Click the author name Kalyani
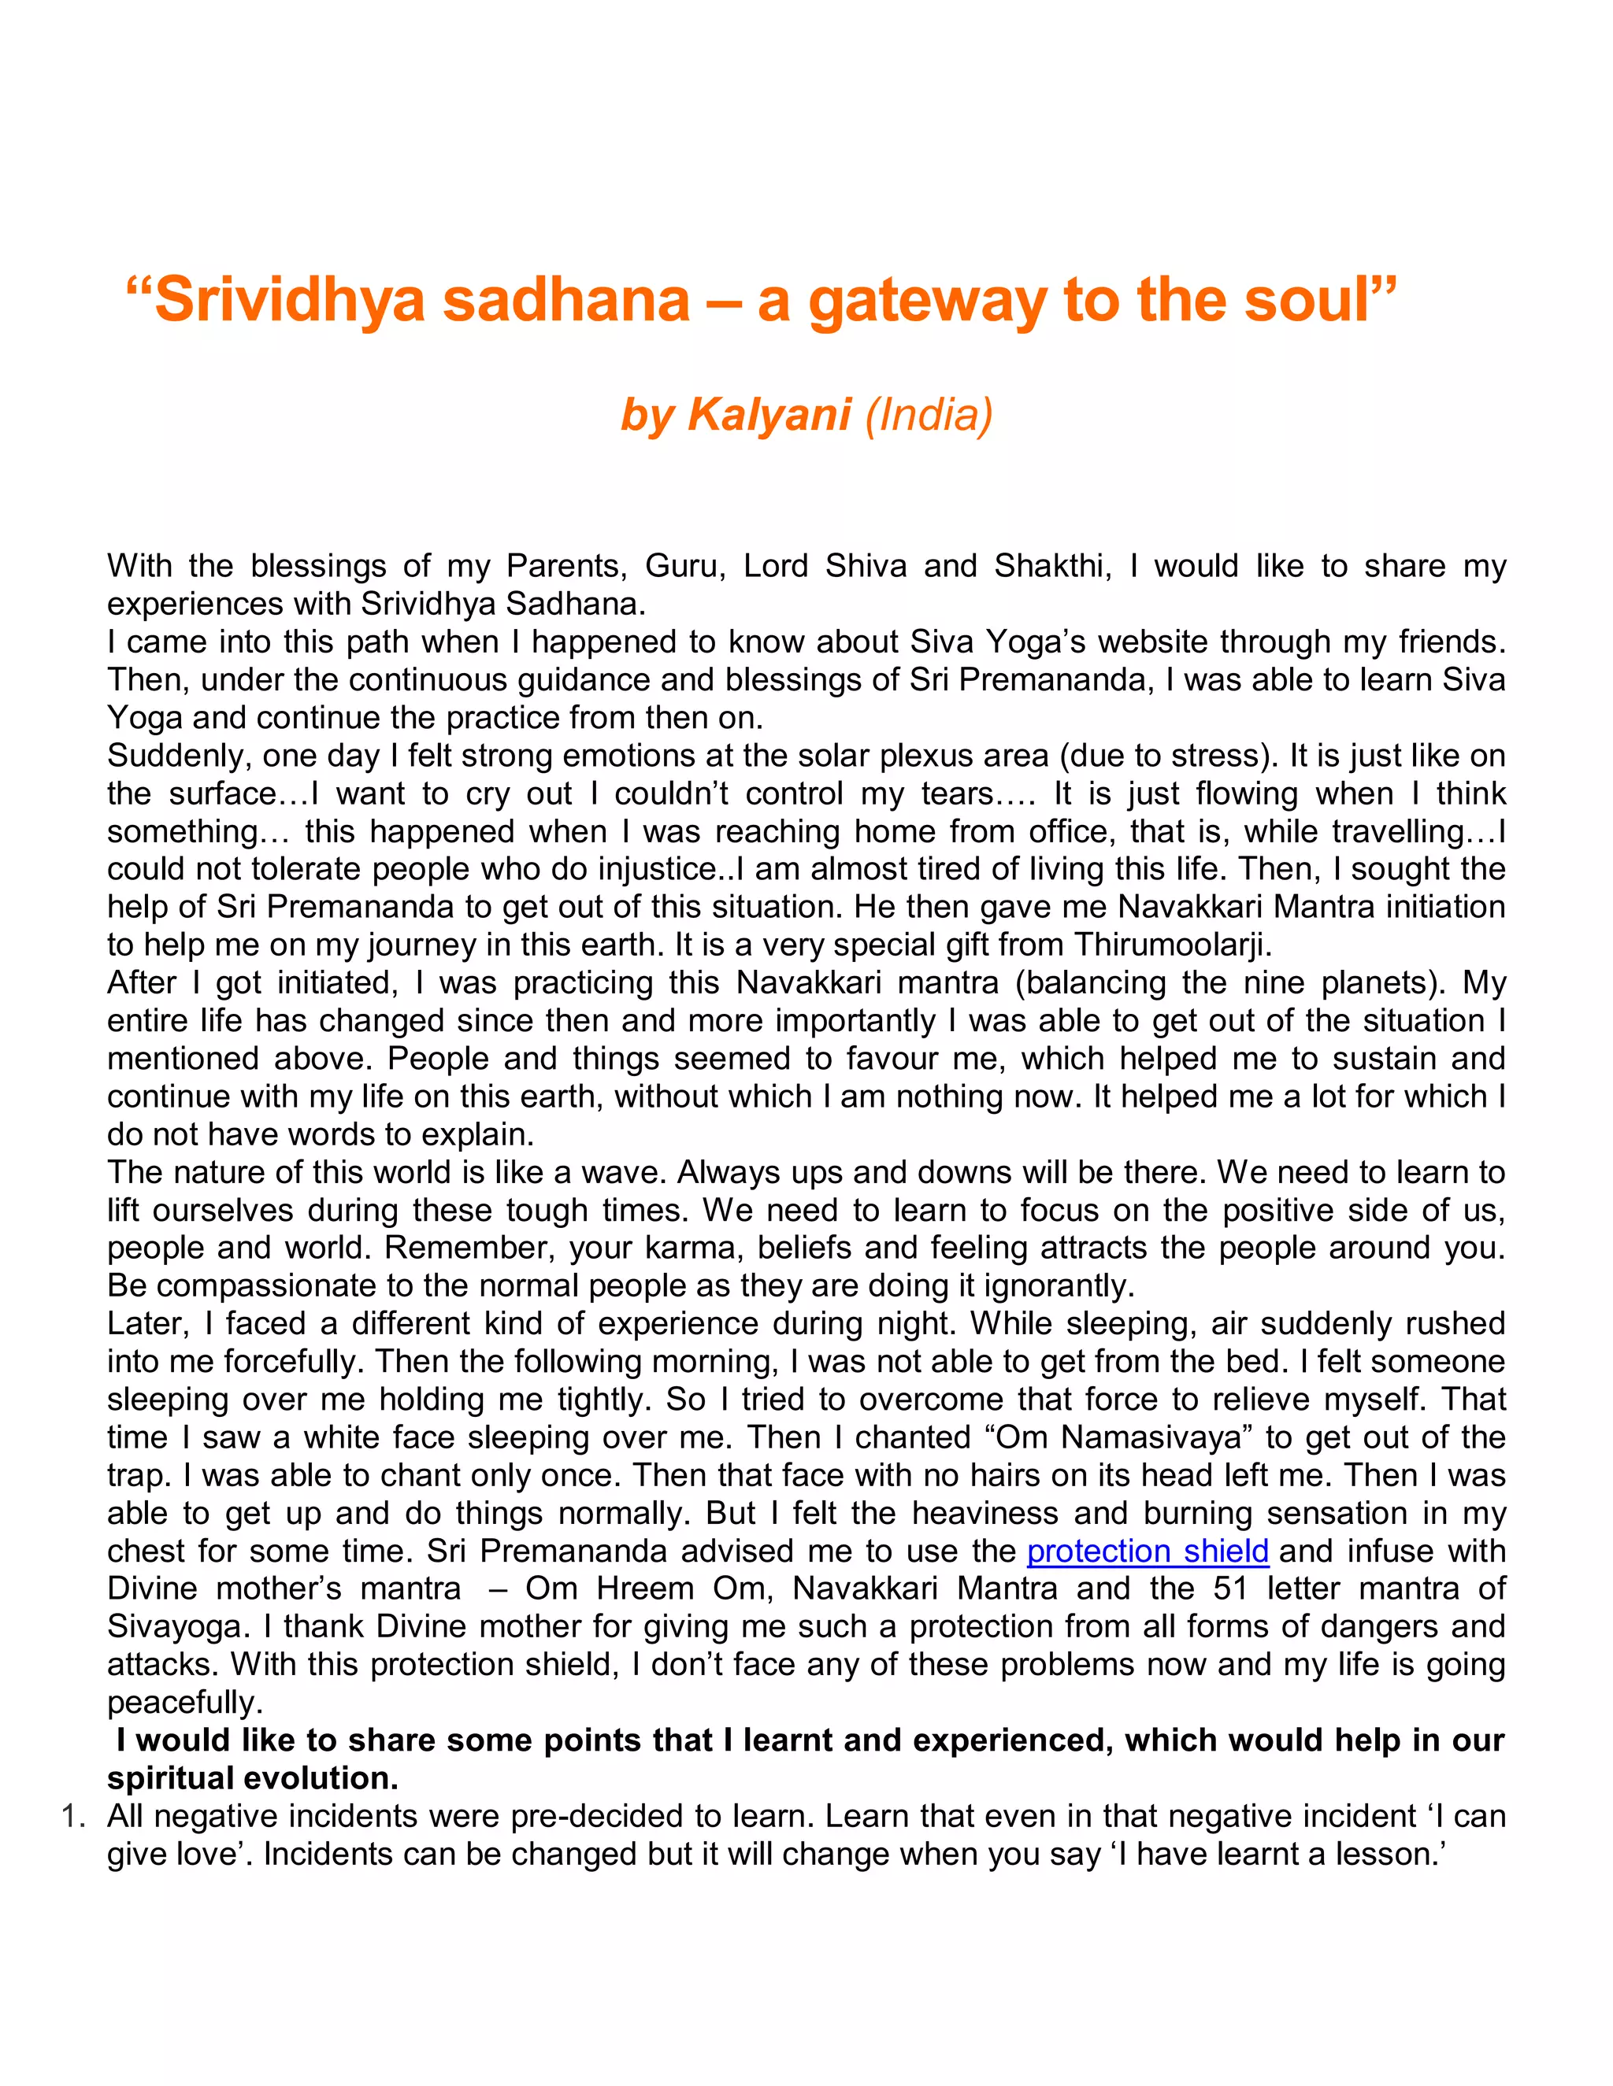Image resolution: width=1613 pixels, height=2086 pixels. tap(769, 415)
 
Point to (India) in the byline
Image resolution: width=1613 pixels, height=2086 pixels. tap(929, 415)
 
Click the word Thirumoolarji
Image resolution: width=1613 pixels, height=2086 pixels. tap(1173, 945)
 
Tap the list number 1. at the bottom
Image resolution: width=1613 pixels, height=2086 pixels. tap(75, 1816)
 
